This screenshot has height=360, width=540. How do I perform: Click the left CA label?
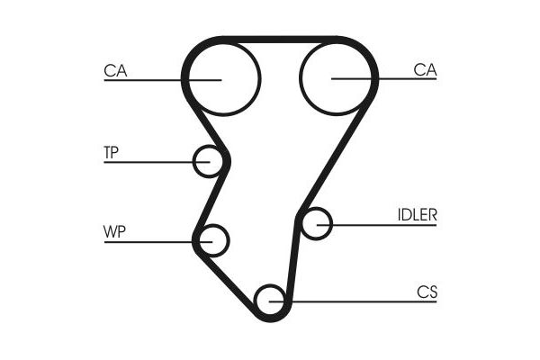(x=114, y=69)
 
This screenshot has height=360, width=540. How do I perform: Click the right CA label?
(x=425, y=69)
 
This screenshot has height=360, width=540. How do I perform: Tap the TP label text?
(x=112, y=152)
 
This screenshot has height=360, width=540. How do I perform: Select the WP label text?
(x=114, y=231)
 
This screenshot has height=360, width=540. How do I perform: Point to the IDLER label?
(x=417, y=215)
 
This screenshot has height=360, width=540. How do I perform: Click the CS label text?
(x=427, y=292)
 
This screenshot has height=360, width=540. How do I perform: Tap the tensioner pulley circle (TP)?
(x=209, y=162)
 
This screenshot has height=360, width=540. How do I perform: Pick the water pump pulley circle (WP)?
(x=213, y=241)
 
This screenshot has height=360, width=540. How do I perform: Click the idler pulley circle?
(x=316, y=223)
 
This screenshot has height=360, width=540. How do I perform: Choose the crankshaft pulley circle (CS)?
(x=270, y=300)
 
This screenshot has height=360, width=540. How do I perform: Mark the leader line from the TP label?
(x=153, y=162)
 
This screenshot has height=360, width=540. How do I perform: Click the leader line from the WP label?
(x=153, y=241)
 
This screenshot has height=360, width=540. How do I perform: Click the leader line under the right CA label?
(x=396, y=79)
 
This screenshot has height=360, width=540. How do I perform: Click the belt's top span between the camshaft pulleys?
(x=279, y=40)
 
